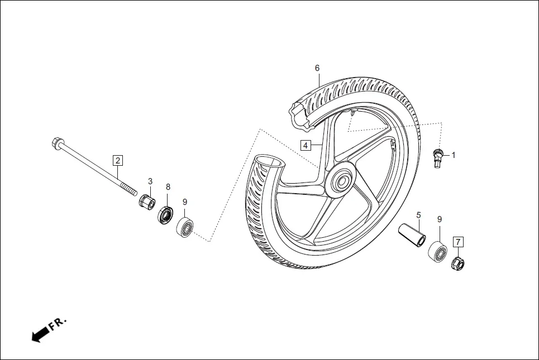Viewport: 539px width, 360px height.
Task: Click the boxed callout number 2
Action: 117,161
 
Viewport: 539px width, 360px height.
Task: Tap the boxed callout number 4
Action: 305,146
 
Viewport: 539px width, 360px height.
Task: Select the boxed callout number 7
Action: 458,242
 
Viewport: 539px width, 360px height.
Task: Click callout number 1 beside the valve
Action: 454,155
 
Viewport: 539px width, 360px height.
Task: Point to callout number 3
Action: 150,181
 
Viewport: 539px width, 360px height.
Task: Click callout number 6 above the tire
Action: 317,68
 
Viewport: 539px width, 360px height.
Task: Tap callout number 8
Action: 168,186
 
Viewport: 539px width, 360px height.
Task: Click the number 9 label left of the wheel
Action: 185,202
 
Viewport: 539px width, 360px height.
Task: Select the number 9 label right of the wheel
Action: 440,219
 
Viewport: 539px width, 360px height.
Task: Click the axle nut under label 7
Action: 458,261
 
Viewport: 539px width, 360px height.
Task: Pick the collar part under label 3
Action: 147,200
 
